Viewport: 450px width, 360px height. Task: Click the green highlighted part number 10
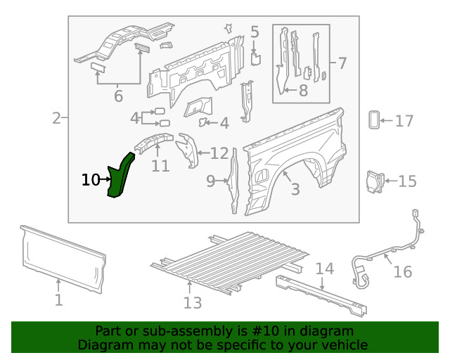pyautogui.click(x=121, y=176)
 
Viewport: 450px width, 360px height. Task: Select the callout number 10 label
pyautogui.click(x=91, y=180)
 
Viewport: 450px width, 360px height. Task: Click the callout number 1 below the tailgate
pyautogui.click(x=59, y=300)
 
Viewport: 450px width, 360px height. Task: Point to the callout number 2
pyautogui.click(x=56, y=118)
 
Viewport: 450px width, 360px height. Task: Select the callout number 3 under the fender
pyautogui.click(x=295, y=188)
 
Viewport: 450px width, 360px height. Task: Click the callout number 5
pyautogui.click(x=255, y=32)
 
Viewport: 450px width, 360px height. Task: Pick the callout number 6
pyautogui.click(x=118, y=96)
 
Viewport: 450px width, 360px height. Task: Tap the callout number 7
pyautogui.click(x=342, y=63)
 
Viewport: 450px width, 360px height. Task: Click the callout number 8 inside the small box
pyautogui.click(x=303, y=90)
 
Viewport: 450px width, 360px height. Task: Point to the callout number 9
pyautogui.click(x=211, y=181)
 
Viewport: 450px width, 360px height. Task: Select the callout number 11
pyautogui.click(x=160, y=166)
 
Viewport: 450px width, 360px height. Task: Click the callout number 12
pyautogui.click(x=219, y=153)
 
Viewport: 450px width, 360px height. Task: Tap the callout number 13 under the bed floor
pyautogui.click(x=193, y=302)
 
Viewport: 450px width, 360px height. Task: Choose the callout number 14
pyautogui.click(x=324, y=268)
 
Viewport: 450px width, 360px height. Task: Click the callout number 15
pyautogui.click(x=407, y=181)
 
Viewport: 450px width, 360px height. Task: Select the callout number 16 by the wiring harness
pyautogui.click(x=403, y=271)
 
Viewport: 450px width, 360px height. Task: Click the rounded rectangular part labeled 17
pyautogui.click(x=374, y=120)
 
